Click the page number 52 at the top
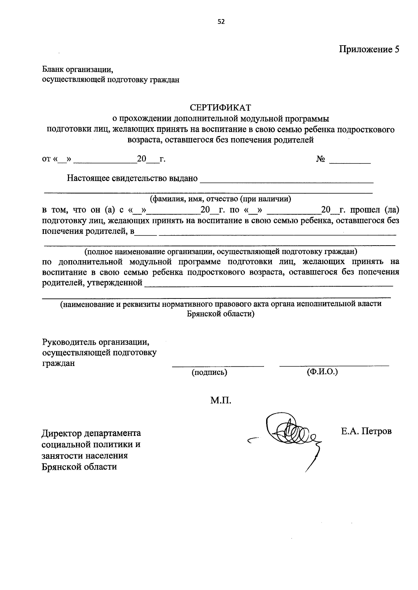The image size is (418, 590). click(x=221, y=22)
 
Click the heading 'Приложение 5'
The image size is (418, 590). click(x=369, y=49)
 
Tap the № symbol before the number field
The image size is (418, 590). click(x=321, y=159)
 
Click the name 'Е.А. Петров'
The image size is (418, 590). click(x=366, y=431)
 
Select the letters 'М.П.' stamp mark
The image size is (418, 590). click(x=221, y=401)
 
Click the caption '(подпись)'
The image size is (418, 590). click(x=209, y=373)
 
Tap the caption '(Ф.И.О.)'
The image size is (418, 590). click(x=322, y=372)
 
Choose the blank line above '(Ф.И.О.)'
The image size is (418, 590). click(x=334, y=365)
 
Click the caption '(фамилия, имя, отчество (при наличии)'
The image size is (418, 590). click(x=220, y=199)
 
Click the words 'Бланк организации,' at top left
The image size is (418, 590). click(x=78, y=69)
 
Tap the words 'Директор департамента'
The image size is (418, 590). click(x=91, y=433)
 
